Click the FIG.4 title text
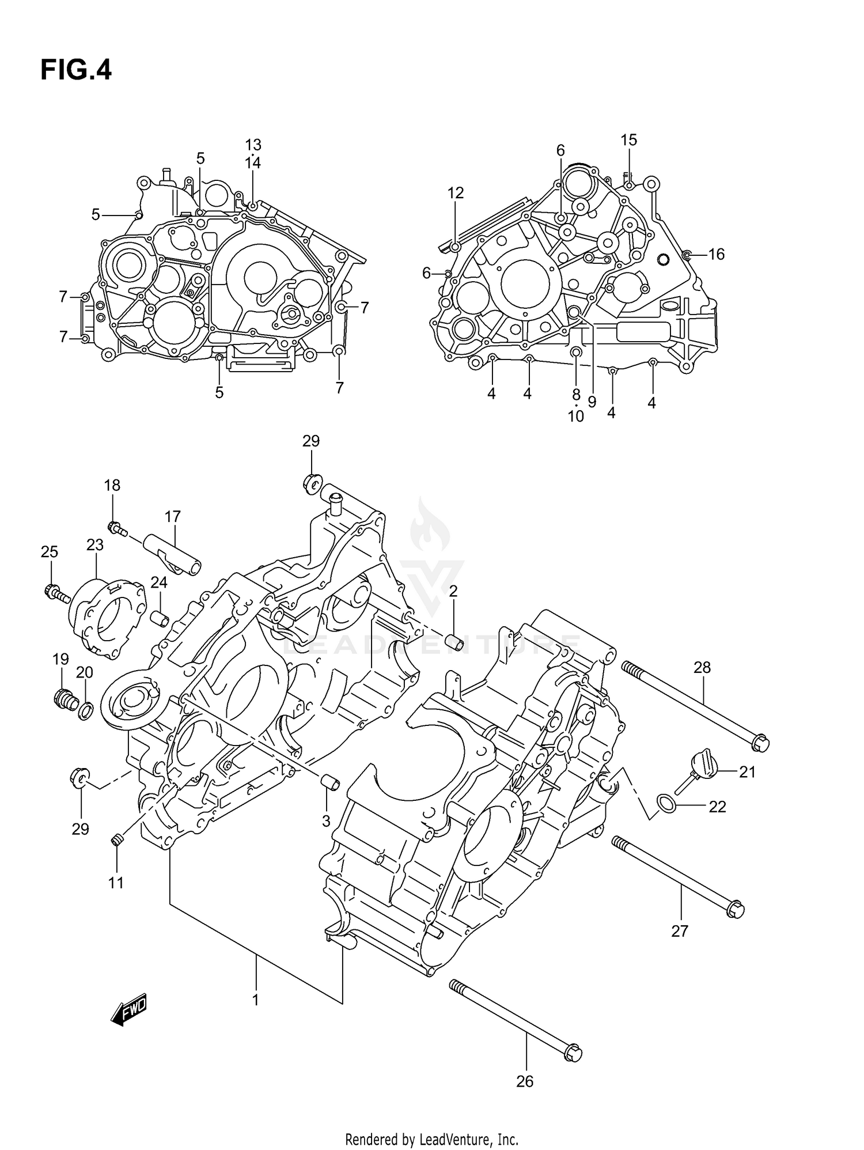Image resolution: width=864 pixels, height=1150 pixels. coord(75,71)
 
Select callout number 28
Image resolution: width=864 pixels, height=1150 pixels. coord(702,668)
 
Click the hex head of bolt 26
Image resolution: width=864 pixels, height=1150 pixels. coord(573,1053)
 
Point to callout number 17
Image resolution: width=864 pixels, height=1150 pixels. coord(172,516)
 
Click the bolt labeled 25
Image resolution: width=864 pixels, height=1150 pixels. coord(56,594)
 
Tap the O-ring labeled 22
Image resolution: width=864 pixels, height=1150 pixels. coord(667,802)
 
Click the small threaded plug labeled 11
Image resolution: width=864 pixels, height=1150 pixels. coord(117,842)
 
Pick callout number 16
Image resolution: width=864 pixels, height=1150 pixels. coord(716,254)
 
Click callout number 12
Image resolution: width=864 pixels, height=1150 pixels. coord(455,193)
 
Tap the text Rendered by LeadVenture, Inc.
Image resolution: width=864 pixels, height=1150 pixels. coord(431,1139)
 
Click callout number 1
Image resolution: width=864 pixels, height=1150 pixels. coord(255,1000)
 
